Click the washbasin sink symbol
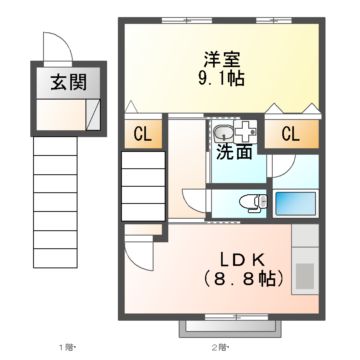pos(222,133)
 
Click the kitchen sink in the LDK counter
pos(304,272)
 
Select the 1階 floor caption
pos(67,348)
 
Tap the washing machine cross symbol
pos(246,132)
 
